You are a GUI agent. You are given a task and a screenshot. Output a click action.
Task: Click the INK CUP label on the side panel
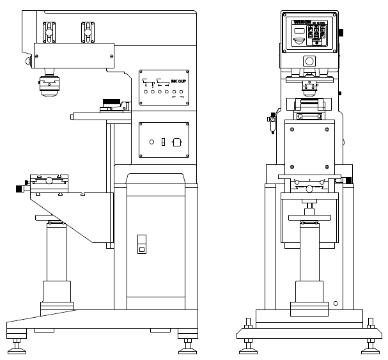178,82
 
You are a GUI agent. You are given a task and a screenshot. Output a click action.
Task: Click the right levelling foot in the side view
188,345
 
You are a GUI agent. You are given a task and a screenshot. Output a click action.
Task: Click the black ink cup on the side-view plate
111,102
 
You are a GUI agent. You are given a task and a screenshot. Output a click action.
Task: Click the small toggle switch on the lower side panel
164,141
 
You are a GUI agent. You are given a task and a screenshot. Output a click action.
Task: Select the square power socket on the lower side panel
178,142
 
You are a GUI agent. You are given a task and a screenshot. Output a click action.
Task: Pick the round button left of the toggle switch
151,142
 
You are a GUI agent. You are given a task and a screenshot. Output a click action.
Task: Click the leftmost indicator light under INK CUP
144,93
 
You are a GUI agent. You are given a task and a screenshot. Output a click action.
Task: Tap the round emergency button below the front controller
309,61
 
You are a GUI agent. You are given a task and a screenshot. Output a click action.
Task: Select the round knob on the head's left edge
27,61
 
